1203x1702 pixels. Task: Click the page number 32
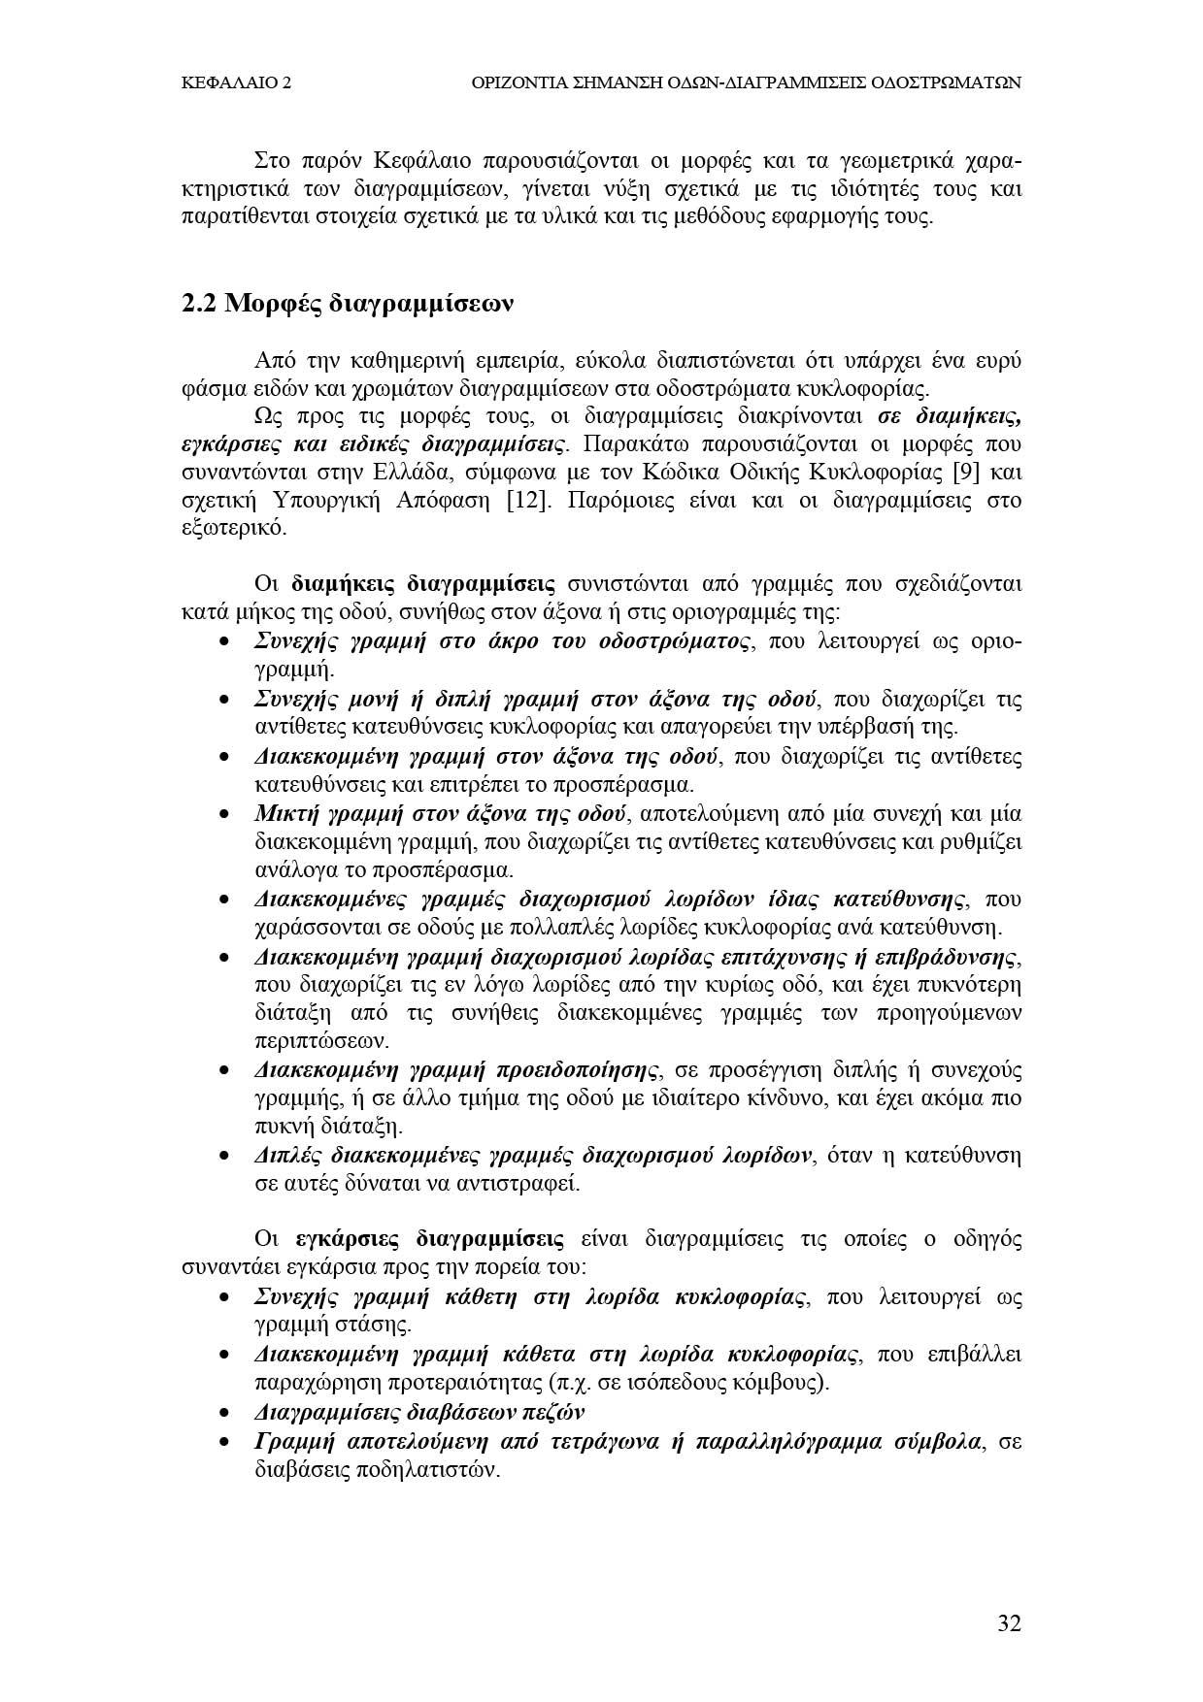tap(1009, 1623)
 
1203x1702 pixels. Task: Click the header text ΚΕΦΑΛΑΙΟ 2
tap(237, 83)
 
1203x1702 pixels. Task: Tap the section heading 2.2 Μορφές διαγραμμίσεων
tap(347, 304)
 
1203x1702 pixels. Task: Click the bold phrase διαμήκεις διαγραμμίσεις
tap(423, 584)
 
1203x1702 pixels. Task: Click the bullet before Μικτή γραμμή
tap(224, 814)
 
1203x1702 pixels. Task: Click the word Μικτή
tap(282, 813)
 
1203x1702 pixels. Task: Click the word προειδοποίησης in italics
tap(571, 1070)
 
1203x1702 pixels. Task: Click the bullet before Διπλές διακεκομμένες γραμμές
tap(224, 1157)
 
